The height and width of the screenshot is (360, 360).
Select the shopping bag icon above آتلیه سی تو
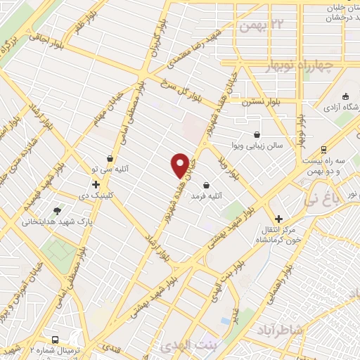pyautogui.click(x=110, y=159)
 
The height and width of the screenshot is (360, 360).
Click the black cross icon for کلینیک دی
pyautogui.click(x=96, y=184)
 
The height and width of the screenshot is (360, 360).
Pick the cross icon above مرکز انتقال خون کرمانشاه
pyautogui.click(x=279, y=219)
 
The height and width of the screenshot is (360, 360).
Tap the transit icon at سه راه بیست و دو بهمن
pyautogui.click(x=323, y=149)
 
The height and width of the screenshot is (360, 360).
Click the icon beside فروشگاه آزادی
pyautogui.click(x=345, y=96)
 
